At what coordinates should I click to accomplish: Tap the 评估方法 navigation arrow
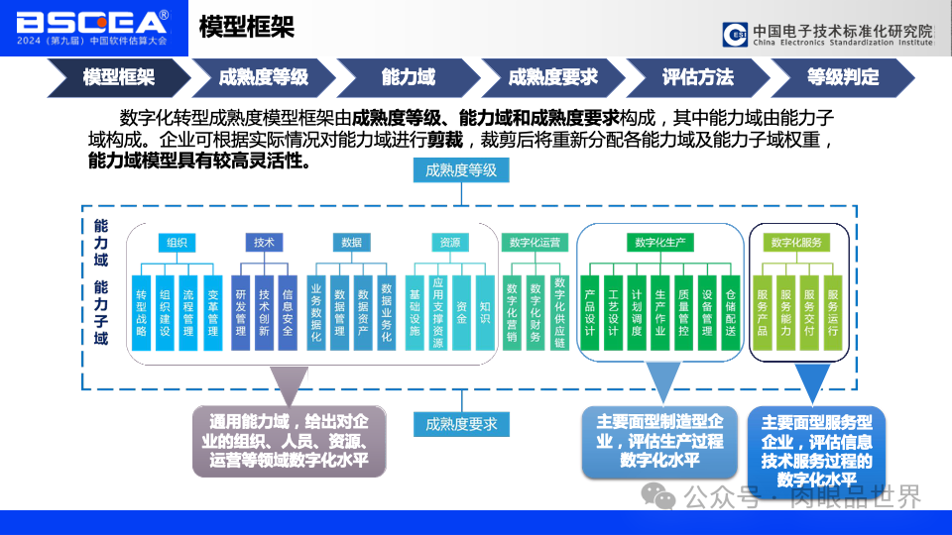coord(697,76)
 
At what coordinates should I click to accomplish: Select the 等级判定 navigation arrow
coord(842,76)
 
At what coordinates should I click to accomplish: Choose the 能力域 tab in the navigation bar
coord(408,76)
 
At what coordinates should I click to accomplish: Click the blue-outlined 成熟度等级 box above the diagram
coord(461,170)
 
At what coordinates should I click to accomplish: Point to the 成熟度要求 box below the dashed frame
coord(461,424)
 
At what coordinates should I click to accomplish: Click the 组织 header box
coord(177,242)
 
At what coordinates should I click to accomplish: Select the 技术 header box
coord(263,242)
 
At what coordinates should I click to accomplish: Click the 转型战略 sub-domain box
coord(142,312)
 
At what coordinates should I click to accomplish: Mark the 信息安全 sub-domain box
coord(288,312)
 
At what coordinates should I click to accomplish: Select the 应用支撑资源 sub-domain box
coord(437,312)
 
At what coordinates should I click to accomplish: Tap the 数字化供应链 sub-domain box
coord(560,312)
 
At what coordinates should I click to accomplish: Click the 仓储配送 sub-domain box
coord(731,312)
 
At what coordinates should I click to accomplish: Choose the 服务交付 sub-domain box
coord(809,312)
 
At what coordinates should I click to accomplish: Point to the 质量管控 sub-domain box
coord(683,312)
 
